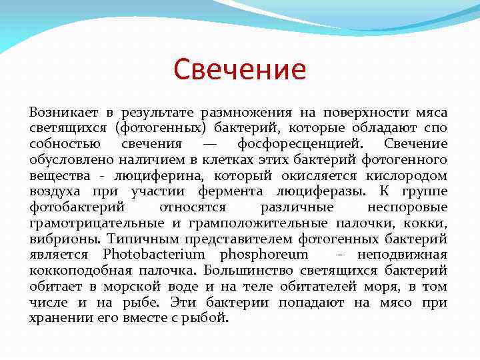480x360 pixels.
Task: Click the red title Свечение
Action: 239,69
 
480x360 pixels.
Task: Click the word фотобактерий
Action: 73,207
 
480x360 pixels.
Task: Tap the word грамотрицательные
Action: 91,223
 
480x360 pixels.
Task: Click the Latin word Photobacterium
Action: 157,255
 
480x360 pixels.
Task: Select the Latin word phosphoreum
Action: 264,255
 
